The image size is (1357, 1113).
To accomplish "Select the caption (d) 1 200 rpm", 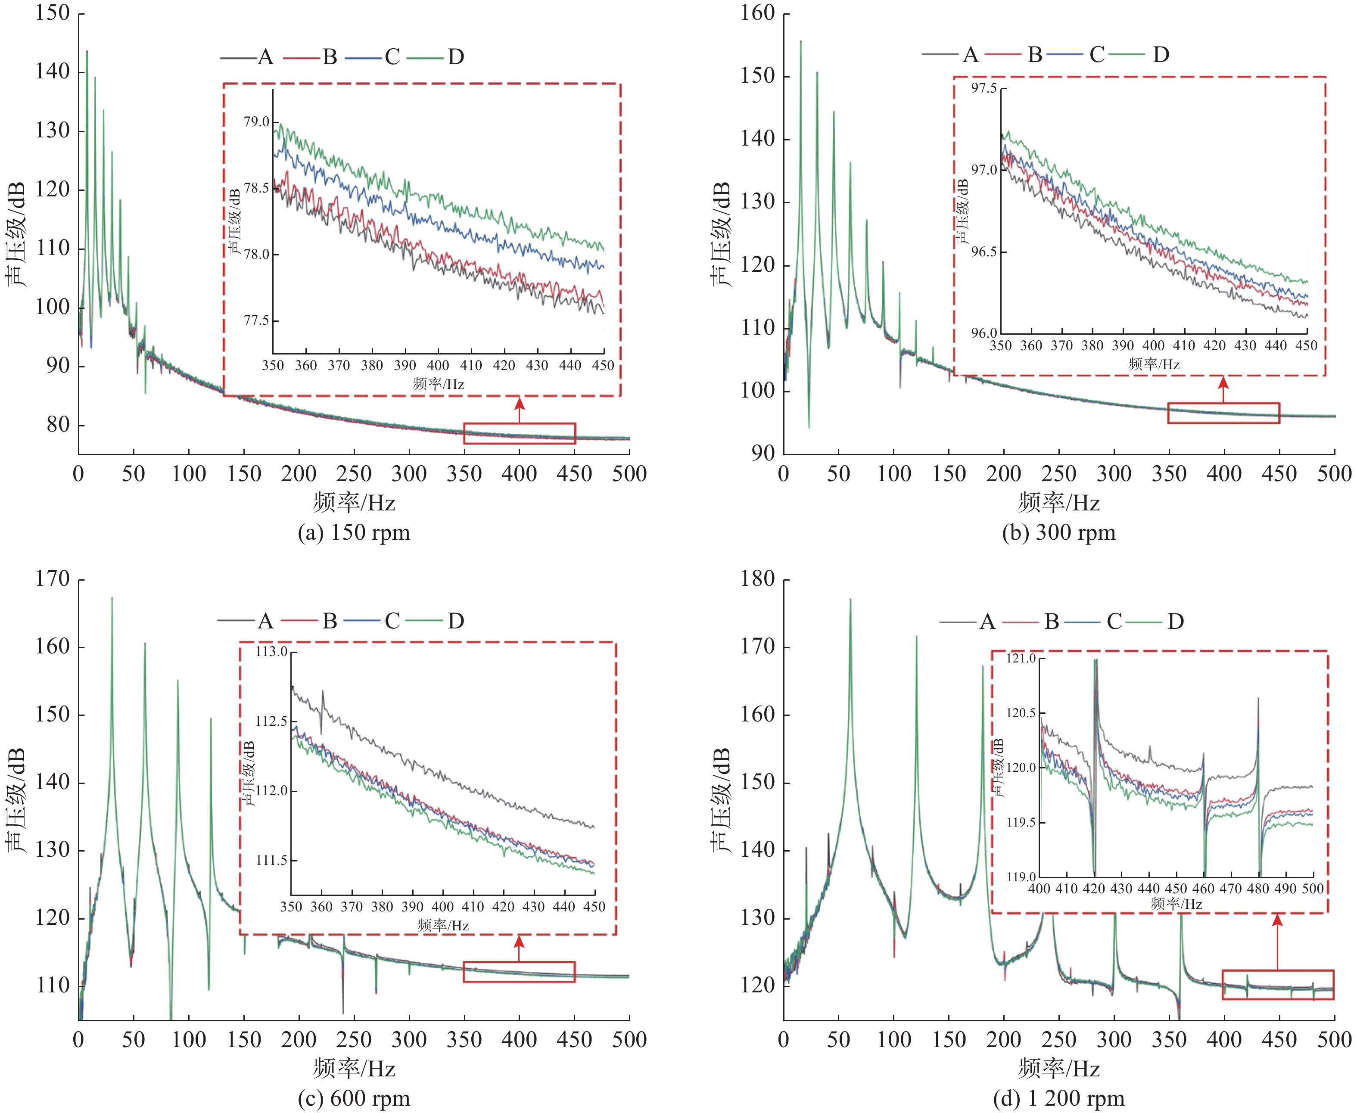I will click(1059, 1099).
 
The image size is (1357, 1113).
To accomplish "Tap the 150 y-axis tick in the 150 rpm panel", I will click(53, 13).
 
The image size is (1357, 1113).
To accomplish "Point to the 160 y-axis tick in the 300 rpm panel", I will click(758, 13).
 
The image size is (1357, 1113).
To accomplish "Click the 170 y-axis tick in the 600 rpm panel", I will click(53, 579).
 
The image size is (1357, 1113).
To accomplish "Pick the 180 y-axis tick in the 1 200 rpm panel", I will click(758, 579).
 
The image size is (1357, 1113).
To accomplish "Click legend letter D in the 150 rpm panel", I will click(456, 57).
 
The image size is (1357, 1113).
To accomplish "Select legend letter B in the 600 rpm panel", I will click(330, 621).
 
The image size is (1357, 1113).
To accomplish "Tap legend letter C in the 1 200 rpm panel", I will click(1114, 621).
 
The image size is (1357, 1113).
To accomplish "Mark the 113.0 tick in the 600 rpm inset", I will click(271, 652).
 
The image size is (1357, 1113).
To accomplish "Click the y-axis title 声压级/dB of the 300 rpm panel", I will click(721, 234).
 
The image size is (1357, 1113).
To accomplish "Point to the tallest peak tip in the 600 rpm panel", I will click(112, 598).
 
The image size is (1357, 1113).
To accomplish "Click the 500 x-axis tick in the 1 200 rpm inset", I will click(1313, 889).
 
